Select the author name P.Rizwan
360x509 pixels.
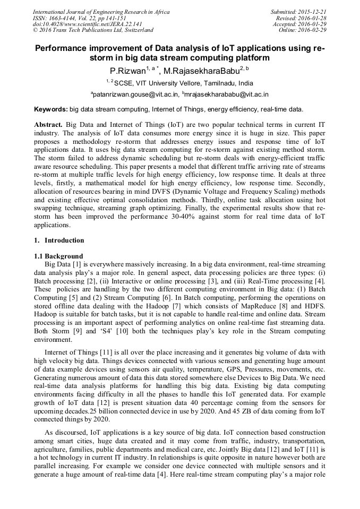[127, 71]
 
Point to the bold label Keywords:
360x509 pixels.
[50, 110]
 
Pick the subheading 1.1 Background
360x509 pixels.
[58, 256]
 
